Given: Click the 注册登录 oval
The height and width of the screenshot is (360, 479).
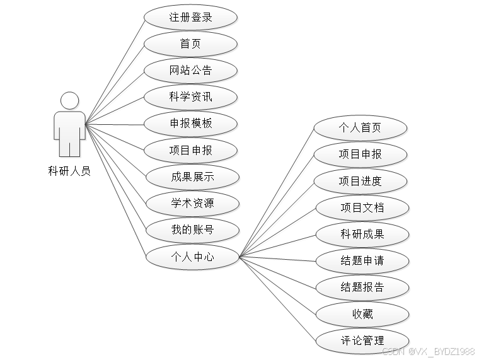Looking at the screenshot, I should click(x=190, y=17).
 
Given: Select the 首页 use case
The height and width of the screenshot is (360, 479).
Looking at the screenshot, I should click(x=190, y=44).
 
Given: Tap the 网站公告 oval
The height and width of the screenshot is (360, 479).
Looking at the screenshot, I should click(x=190, y=70).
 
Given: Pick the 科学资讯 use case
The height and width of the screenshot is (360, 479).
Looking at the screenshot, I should click(x=190, y=96).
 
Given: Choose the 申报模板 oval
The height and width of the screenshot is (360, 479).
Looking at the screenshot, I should click(x=190, y=123).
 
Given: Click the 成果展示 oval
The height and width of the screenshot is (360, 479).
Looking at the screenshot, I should click(x=192, y=177).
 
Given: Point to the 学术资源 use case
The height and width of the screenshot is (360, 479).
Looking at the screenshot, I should click(x=192, y=204).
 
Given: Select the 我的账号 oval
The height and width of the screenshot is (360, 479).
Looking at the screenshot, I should click(x=192, y=230).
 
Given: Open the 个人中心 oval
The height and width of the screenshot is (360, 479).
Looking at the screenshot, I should click(x=192, y=257).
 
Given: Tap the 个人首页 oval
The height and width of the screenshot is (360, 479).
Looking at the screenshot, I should click(x=360, y=128).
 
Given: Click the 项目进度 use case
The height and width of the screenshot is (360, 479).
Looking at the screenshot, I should click(x=360, y=181).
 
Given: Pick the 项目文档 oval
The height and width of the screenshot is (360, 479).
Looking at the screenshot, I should click(x=361, y=207).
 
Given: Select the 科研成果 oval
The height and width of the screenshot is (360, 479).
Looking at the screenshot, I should click(x=362, y=235).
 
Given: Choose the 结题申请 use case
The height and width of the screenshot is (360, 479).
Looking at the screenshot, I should click(x=362, y=260).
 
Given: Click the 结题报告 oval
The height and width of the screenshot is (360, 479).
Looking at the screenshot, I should click(x=362, y=287).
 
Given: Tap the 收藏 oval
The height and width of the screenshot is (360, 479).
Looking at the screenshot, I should click(x=362, y=314).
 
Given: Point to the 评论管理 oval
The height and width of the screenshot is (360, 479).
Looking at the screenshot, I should click(x=362, y=340).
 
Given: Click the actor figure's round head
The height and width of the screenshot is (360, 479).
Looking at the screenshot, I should click(x=69, y=100).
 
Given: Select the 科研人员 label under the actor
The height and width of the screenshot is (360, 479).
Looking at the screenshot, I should click(x=69, y=170).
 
